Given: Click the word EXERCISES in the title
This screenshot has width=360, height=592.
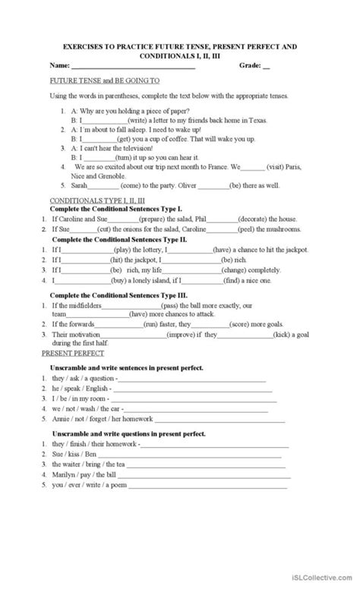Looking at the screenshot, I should [81, 47].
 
